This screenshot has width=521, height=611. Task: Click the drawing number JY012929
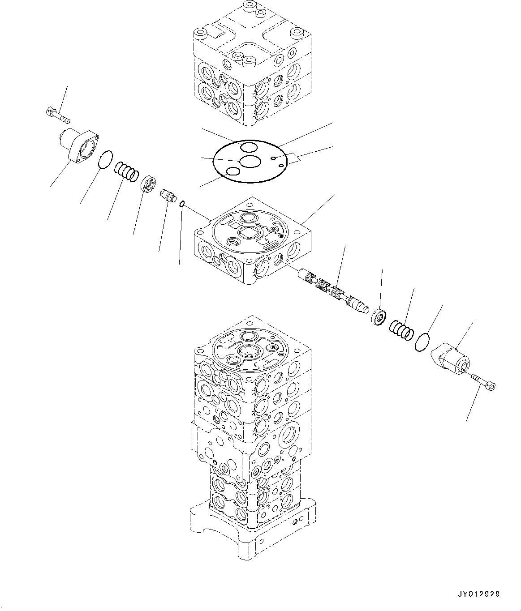[x=478, y=594]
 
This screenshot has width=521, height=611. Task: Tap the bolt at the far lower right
[x=483, y=382]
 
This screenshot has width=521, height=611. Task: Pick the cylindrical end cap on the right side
[x=450, y=360]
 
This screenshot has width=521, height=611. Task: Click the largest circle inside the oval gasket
[x=250, y=162]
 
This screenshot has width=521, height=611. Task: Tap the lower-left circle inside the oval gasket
[x=233, y=171]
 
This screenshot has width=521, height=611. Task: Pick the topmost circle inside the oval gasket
[x=248, y=147]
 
